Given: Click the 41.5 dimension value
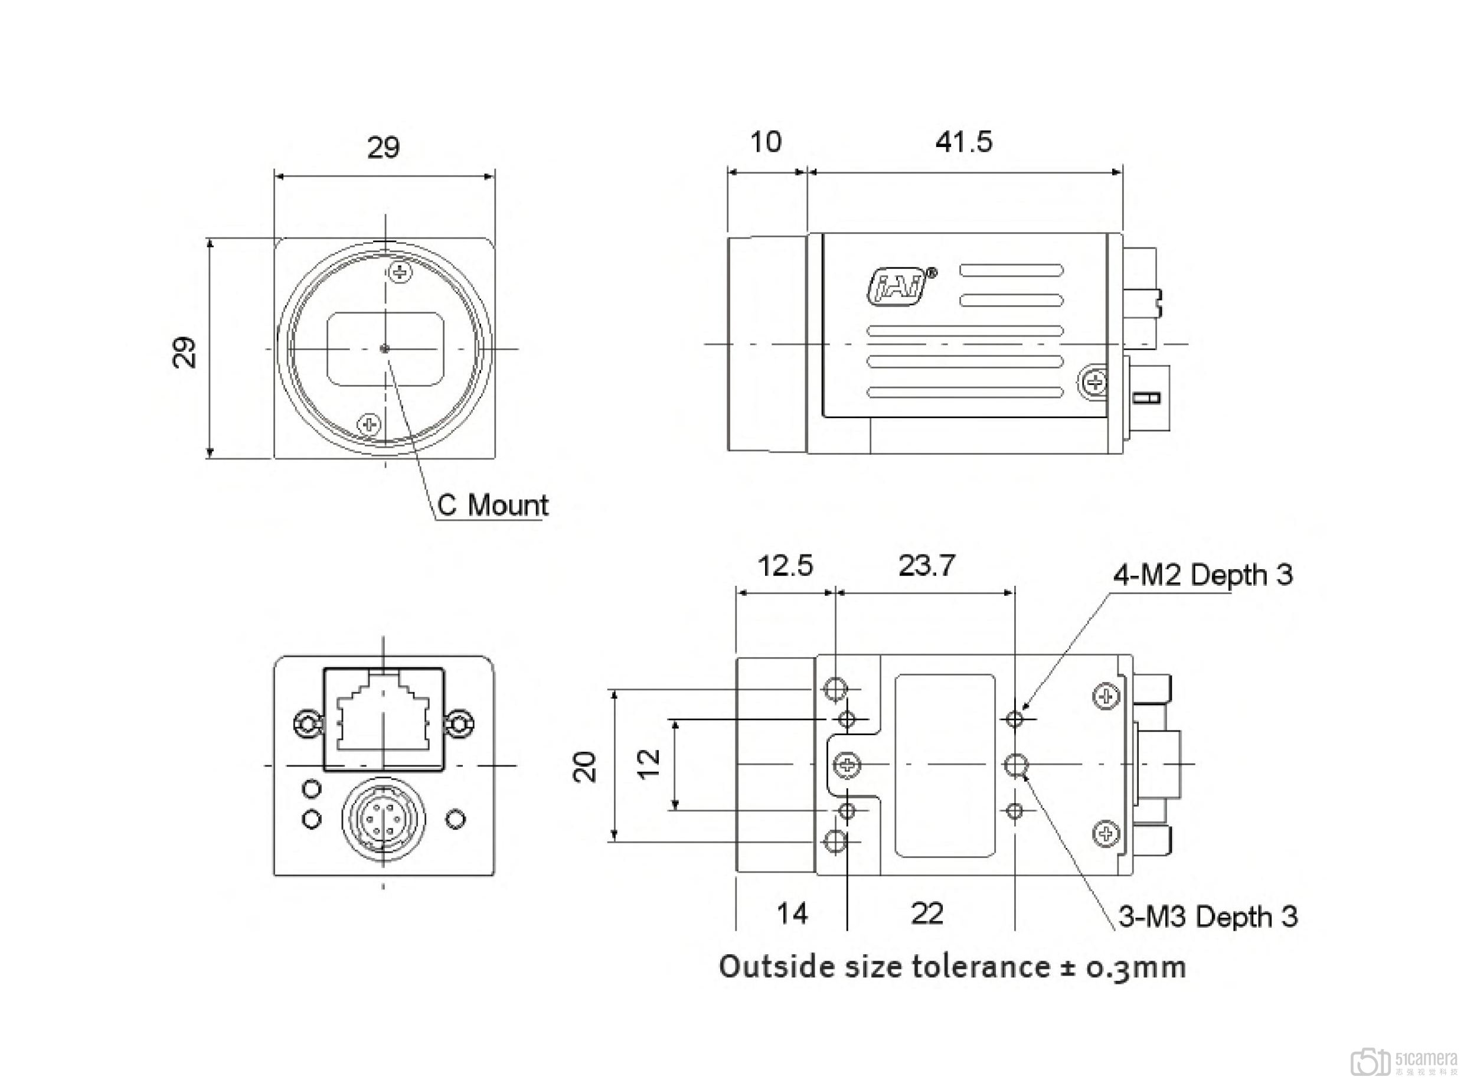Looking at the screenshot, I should tap(963, 142).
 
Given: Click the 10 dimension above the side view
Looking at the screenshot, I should tap(765, 142).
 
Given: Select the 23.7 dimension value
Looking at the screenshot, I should tap(927, 565).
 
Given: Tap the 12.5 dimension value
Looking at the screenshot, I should tap(785, 565).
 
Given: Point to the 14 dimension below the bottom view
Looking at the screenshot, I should tap(792, 912).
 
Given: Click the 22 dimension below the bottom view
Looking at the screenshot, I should tap(927, 912).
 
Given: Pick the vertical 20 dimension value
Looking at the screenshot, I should tap(585, 766).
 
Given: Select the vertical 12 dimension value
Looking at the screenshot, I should tap(649, 764).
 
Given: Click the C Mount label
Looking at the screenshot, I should tap(493, 505).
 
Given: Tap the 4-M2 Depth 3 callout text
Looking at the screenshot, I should tap(1202, 575).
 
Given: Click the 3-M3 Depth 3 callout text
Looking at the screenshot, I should tap(1207, 916).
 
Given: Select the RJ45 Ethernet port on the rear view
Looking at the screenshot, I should tap(383, 719).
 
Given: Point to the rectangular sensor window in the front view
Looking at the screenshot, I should tap(385, 349).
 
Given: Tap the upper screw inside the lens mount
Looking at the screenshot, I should tap(400, 272).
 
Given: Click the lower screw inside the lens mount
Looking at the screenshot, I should tap(369, 424).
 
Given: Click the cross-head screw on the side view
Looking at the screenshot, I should tap(1094, 381).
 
